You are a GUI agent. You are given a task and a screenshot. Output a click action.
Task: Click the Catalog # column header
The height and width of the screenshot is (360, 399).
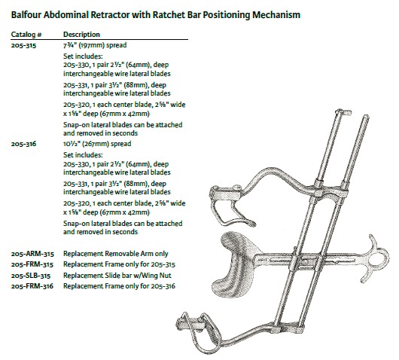coord(26,35)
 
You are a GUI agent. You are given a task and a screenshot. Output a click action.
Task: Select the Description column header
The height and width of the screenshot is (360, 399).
coord(81,35)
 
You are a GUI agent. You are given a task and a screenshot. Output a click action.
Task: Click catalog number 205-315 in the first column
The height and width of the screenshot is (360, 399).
coord(23,46)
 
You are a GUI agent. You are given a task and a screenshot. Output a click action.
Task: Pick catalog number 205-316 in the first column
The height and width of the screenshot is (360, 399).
coord(23,144)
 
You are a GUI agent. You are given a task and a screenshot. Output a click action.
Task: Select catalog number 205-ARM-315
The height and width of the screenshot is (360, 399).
coord(32,254)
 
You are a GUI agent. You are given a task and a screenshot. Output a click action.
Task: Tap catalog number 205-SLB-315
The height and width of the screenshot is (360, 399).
coord(31,276)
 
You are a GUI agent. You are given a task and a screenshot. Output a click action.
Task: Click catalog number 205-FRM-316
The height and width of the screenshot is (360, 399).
coord(32,286)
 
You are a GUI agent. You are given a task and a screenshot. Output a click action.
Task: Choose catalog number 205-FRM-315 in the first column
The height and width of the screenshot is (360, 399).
coord(32,265)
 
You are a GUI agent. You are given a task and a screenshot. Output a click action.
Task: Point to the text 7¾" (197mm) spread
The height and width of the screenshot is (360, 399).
coord(95,45)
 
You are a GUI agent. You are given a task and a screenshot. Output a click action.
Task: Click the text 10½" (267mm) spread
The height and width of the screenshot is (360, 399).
coord(97,144)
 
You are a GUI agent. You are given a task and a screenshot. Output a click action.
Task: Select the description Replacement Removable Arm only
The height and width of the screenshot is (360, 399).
coord(116,254)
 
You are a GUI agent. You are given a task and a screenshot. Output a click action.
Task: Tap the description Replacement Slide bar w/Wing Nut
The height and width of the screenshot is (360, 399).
coord(117,276)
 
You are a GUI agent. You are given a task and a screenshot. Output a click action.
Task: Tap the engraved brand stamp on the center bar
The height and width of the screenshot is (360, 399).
coord(260,260)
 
